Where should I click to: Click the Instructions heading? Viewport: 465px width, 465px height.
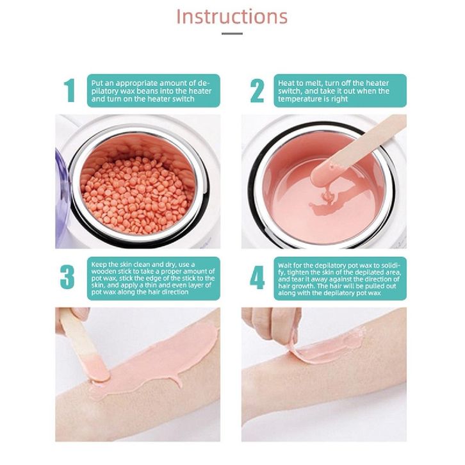tap(232, 17)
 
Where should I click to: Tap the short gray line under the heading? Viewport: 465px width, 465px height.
tap(232, 33)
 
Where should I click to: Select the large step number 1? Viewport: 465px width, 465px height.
tap(70, 91)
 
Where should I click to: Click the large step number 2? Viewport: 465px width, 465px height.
tap(257, 91)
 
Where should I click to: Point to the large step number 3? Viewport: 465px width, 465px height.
tap(67, 277)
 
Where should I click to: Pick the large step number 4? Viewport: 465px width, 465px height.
tap(257, 277)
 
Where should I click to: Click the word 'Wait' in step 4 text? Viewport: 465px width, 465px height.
tap(285, 265)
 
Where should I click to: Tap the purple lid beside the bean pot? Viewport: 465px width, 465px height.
tap(61, 198)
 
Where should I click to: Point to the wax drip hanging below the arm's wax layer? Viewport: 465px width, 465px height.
tap(179, 381)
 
